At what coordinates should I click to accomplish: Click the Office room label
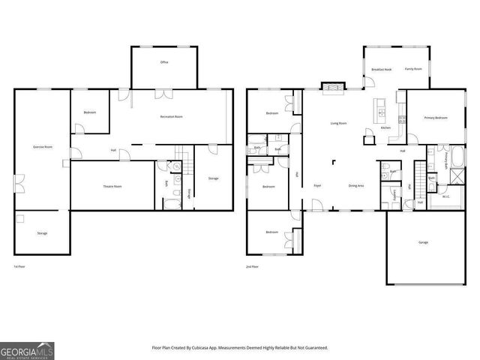[164, 62]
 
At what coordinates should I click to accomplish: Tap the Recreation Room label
[172, 117]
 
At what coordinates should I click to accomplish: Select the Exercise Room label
[42, 146]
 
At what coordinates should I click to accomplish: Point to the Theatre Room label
[112, 186]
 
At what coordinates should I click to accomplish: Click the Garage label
[423, 242]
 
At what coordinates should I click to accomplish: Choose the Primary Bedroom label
[436, 118]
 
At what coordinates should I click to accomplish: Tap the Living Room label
[338, 123]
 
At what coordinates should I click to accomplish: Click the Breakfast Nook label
[382, 69]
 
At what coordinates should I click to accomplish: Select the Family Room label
[413, 69]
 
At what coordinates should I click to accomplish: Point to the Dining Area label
[356, 185]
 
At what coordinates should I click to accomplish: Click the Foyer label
[317, 185]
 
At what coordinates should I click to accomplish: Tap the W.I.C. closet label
[446, 197]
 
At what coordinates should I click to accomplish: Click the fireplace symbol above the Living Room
[330, 87]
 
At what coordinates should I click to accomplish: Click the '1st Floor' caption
[21, 266]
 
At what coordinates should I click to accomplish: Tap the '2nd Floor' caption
[253, 266]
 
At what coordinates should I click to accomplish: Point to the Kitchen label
[385, 128]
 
